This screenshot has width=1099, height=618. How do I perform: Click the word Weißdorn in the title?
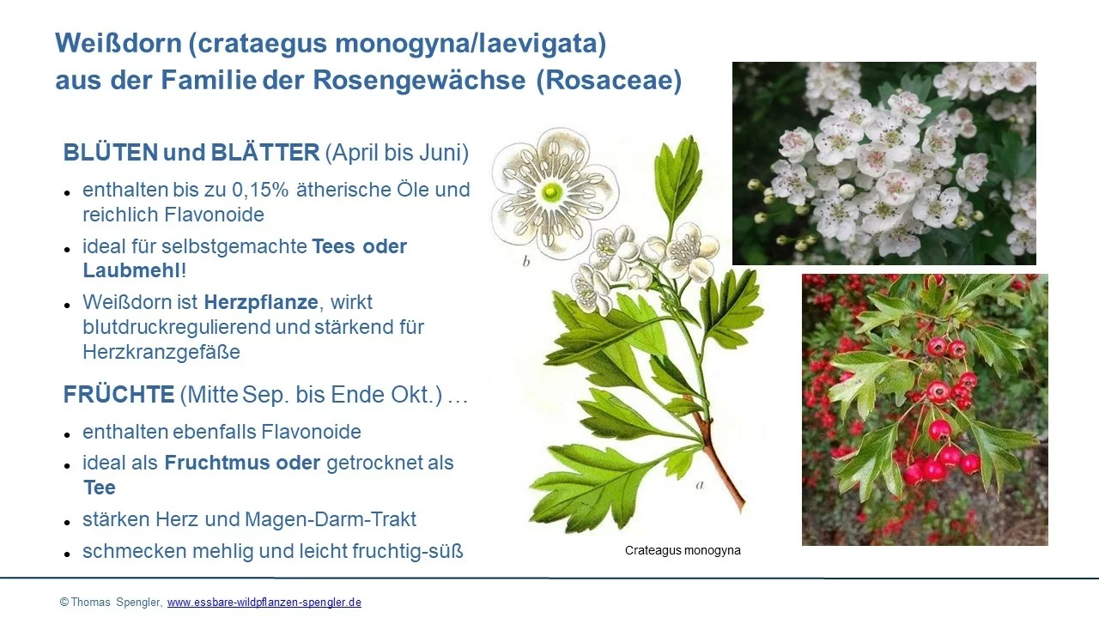click(118, 43)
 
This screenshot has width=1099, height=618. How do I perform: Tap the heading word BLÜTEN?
click(111, 152)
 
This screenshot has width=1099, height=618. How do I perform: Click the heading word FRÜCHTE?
click(118, 394)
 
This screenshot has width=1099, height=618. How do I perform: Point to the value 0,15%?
click(260, 191)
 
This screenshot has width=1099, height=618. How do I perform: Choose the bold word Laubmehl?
click(131, 270)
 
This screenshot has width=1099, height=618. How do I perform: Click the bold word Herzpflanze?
click(261, 303)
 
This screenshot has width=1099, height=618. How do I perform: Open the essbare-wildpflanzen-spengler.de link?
click(264, 603)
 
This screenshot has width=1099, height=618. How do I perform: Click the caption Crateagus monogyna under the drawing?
click(683, 550)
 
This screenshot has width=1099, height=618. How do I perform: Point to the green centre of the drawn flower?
click(552, 191)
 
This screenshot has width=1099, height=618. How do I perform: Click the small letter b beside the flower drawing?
click(526, 262)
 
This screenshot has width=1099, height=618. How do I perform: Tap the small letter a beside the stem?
click(700, 486)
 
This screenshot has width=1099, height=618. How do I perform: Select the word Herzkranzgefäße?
click(161, 352)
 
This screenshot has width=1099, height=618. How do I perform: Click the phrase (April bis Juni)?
click(397, 153)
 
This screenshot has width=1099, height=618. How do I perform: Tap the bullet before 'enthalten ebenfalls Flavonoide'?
click(67, 434)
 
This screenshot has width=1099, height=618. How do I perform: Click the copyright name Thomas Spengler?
click(116, 603)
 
